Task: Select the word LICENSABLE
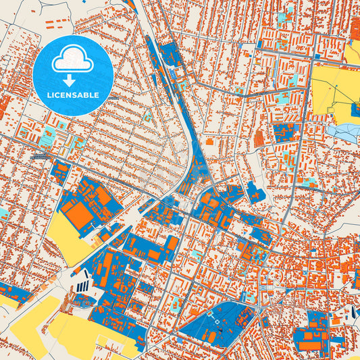coord(72,95)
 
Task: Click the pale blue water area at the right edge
coord(348,133)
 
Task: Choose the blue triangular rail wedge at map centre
coord(198,169)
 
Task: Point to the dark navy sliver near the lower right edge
coord(353,311)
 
